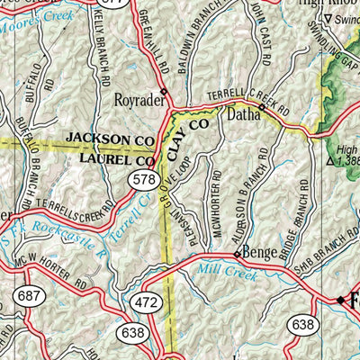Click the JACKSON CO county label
[x=109, y=141]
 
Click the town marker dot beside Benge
[x=237, y=256]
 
